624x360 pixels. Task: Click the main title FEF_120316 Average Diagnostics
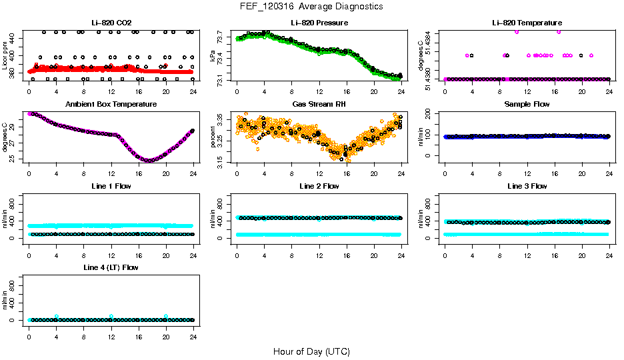pos(312,7)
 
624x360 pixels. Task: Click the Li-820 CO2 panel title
pos(111,23)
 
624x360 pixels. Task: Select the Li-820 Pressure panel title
pos(319,23)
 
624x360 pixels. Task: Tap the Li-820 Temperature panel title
pos(527,23)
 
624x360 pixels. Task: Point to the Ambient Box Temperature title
pos(111,105)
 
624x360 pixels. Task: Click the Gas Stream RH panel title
pos(319,105)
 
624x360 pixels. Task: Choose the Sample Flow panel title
pos(527,105)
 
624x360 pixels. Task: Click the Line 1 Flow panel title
pos(111,186)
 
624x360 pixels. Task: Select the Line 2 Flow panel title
pos(319,186)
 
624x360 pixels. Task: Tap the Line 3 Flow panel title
pos(527,186)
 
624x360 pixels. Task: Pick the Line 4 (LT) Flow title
pos(111,267)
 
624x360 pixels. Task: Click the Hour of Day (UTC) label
pos(311,351)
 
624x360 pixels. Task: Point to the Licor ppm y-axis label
pos(5,56)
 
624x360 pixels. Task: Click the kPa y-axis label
pos(213,56)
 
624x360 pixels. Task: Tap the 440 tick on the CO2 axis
pos(14,39)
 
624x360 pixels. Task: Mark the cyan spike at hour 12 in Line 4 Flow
pos(111,316)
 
